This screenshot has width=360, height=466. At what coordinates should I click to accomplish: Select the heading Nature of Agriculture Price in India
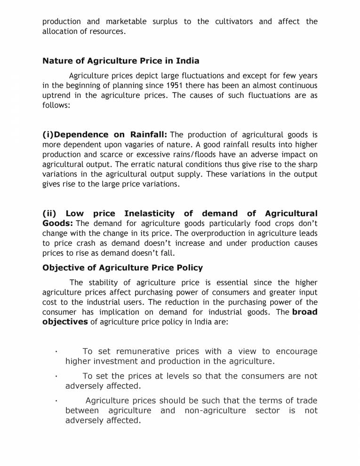[120, 61]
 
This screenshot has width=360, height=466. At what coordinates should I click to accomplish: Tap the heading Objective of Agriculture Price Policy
[122, 268]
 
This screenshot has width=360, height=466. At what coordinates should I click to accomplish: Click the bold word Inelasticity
[149, 214]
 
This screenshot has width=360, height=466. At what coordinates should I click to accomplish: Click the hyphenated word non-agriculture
[215, 411]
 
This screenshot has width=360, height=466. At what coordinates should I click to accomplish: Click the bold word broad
[304, 312]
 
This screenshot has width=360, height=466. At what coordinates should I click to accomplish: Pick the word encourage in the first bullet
[296, 352]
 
